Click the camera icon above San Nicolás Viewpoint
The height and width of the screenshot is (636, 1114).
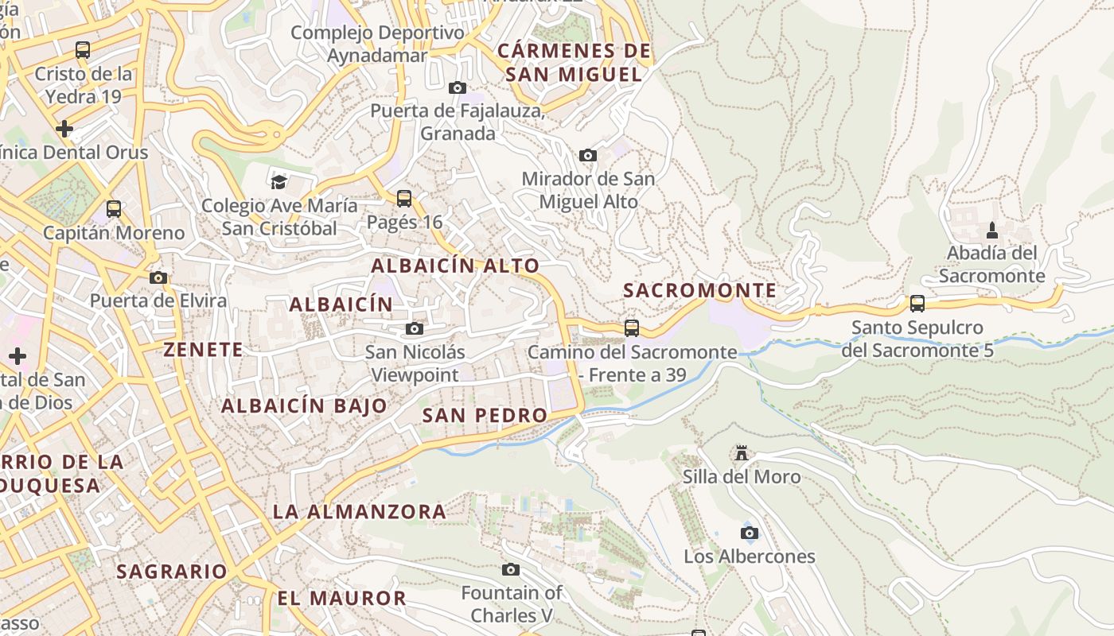click(415, 328)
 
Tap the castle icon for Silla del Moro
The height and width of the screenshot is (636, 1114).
click(742, 453)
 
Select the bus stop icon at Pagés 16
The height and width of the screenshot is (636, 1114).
click(404, 198)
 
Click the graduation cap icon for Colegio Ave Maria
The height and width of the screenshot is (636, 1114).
click(278, 182)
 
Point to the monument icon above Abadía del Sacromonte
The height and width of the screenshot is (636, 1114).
click(991, 230)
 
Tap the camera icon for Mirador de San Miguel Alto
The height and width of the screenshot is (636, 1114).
click(588, 155)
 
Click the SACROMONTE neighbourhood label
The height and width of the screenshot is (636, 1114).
click(699, 290)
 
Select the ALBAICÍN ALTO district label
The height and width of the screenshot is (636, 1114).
click(455, 266)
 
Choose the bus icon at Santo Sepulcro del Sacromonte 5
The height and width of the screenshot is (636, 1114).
click(917, 303)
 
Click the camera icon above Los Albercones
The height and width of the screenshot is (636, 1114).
click(750, 533)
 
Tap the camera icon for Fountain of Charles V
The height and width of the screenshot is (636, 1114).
click(511, 569)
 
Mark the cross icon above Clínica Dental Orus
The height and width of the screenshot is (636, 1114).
click(64, 128)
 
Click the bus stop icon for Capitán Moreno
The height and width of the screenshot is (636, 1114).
click(114, 209)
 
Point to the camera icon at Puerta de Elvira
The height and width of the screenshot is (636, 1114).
click(158, 277)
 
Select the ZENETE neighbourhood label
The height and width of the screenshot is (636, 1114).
click(203, 349)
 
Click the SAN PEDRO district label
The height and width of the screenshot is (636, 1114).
click(485, 415)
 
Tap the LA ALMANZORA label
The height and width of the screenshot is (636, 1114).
click(360, 511)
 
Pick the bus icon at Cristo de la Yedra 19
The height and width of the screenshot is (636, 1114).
click(83, 50)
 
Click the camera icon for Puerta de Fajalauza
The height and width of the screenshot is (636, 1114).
click(458, 87)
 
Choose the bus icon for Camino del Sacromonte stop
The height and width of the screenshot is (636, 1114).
click(632, 328)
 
